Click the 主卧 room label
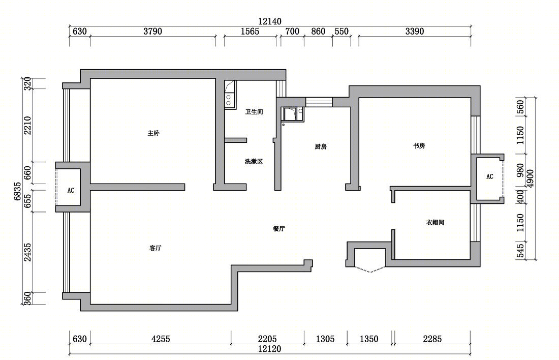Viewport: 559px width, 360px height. coord(153,133)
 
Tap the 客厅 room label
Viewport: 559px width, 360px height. coord(156,248)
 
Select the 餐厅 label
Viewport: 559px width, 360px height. coord(279,229)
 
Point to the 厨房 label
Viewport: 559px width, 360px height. coord(321,146)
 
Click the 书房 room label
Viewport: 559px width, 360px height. coord(419,145)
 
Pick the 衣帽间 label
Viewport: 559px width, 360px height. coord(436,222)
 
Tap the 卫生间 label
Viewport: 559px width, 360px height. coord(254,112)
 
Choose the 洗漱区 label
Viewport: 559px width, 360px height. coord(254,161)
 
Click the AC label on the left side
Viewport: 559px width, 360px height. coord(71,191)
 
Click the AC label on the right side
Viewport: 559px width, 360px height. coord(490,176)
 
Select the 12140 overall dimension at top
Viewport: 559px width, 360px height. coord(270,21)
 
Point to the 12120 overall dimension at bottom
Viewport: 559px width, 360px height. coord(269,349)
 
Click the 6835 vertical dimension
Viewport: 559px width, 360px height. coord(18,191)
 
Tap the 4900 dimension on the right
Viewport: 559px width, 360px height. coord(530,179)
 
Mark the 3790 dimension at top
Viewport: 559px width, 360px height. coord(152,32)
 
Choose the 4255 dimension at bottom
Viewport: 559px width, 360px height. coord(161,339)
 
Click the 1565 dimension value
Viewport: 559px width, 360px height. coord(250,32)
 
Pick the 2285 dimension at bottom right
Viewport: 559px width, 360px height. coord(432,339)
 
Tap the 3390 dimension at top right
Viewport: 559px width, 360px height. coord(415,32)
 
